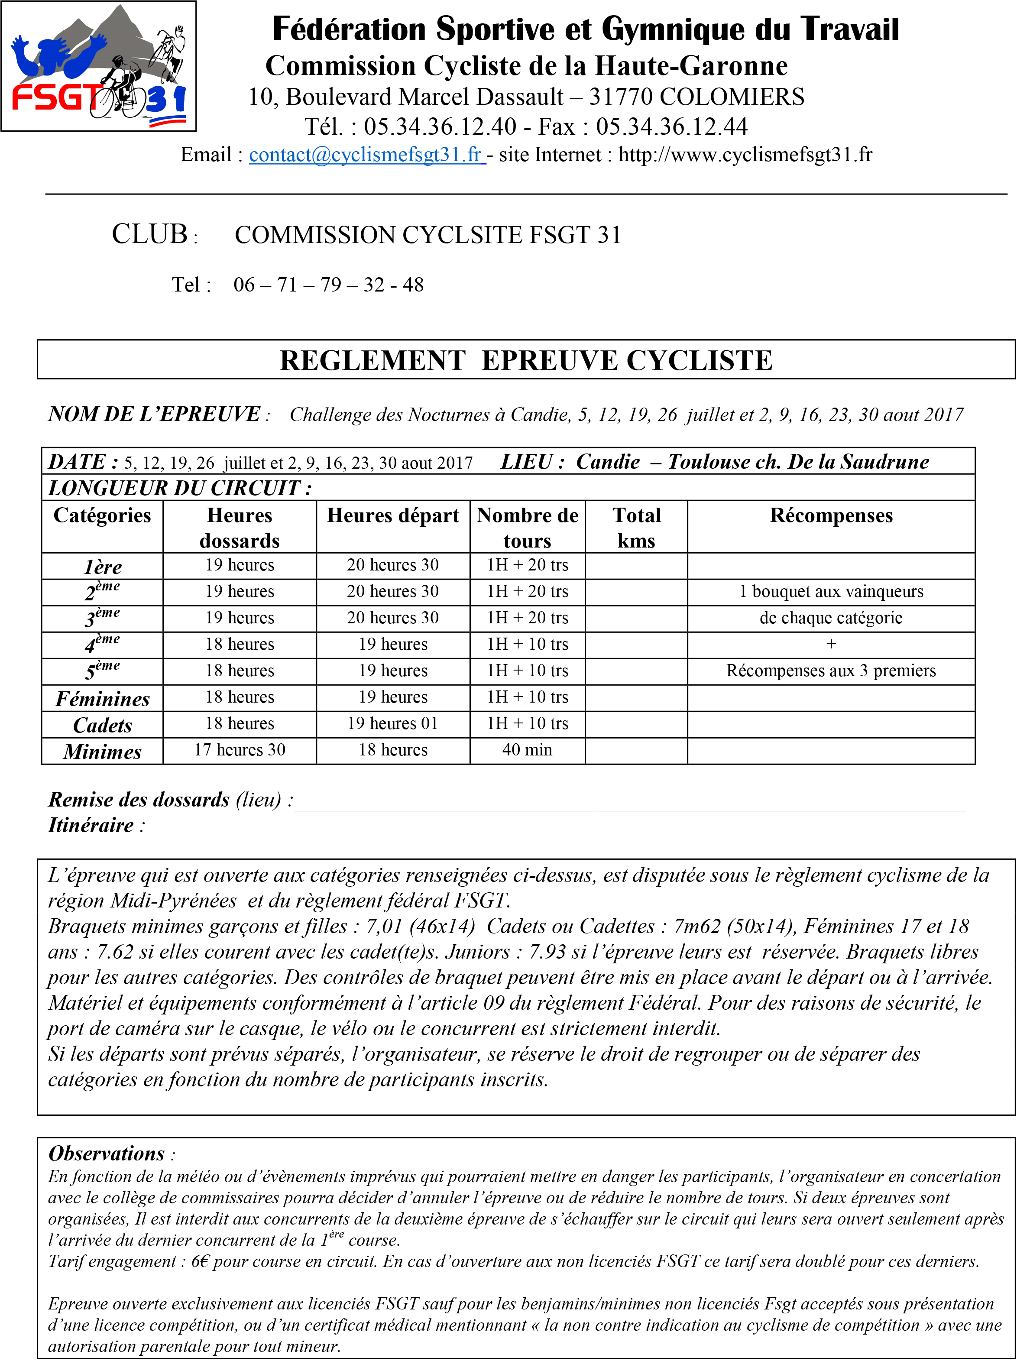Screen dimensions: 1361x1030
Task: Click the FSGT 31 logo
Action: click(x=98, y=66)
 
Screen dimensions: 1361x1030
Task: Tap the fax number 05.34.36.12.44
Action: click(x=671, y=127)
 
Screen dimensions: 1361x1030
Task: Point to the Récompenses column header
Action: click(x=831, y=515)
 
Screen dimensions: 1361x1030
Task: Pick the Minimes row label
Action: click(x=102, y=751)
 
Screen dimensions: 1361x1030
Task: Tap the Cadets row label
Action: click(x=102, y=725)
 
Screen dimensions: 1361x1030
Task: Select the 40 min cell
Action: click(x=527, y=750)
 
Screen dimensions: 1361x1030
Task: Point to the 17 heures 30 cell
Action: click(x=240, y=750)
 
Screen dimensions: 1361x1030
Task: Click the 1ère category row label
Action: click(x=102, y=566)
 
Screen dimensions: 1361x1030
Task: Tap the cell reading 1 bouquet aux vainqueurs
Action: click(x=831, y=591)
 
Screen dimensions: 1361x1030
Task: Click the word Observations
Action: click(x=107, y=1153)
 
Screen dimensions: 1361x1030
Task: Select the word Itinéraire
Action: click(x=91, y=825)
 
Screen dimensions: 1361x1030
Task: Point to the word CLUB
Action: click(x=149, y=234)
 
